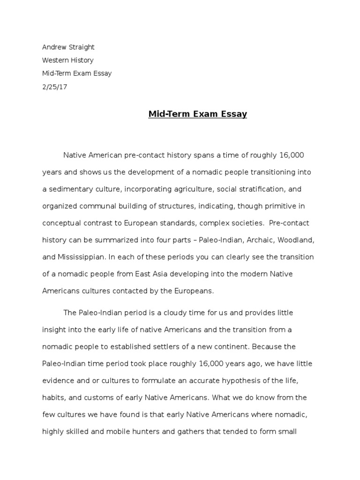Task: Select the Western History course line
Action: click(68, 60)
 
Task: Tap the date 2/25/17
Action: click(55, 87)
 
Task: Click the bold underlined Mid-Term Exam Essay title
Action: click(198, 114)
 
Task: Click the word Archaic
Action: click(260, 240)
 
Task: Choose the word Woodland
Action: click(296, 240)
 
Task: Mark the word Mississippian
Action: click(82, 257)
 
